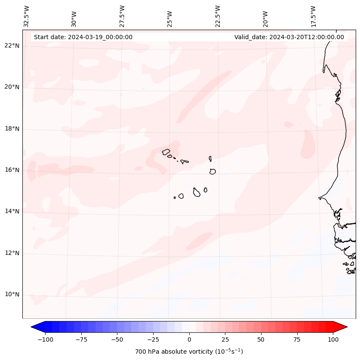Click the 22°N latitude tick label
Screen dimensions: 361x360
coord(12,46)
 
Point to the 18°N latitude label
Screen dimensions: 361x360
coord(12,129)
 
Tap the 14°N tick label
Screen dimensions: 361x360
coord(12,211)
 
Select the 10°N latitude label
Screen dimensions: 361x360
coord(12,295)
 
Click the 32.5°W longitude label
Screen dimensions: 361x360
coord(27,15)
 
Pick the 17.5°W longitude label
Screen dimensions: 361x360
coord(313,15)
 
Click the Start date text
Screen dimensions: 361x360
coord(83,37)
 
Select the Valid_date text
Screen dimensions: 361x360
coord(289,37)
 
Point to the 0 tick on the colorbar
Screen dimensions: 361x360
coord(189,339)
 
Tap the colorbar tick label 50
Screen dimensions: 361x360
coord(261,339)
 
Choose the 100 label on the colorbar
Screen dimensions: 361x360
coord(333,339)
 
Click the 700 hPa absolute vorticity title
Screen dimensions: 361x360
coord(189,352)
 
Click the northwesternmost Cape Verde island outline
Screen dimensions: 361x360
coord(166,151)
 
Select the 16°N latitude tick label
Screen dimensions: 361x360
coord(12,170)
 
